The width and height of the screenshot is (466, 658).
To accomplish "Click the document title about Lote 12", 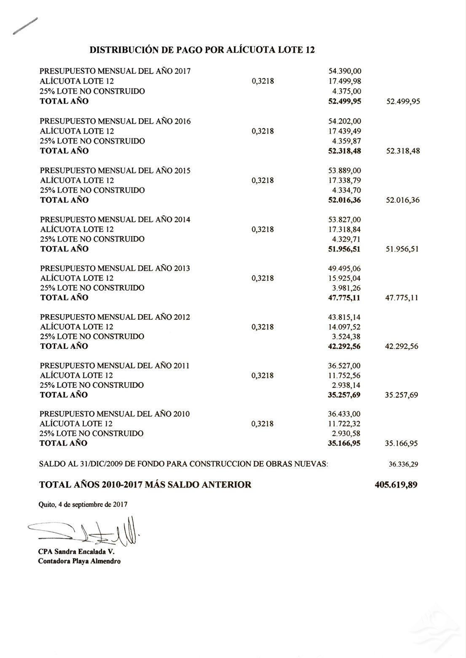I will coord(202,50).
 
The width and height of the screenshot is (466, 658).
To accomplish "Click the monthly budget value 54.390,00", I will coord(344,71).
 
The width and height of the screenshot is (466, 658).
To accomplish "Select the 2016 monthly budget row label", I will coord(115,121).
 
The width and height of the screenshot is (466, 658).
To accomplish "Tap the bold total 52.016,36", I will coord(344,200).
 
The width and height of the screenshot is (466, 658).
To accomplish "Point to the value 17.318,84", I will coord(344,229).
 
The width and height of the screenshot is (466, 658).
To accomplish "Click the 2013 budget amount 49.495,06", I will coord(344,269).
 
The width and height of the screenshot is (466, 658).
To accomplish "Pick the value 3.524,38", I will coord(347,337).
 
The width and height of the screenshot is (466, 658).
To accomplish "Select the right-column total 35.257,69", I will coord(402,395).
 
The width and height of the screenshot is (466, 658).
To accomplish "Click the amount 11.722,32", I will coord(344,424).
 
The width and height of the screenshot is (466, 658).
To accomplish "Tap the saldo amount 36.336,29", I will coord(403,465).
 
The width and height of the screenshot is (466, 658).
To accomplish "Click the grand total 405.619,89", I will coord(396,485).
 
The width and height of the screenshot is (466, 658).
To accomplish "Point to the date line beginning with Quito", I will coord(83,504).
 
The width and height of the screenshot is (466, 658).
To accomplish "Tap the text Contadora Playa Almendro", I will coord(79,561).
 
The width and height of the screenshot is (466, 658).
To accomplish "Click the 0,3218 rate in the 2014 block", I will coord(262,229).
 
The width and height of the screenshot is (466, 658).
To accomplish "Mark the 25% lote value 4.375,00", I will coord(347,91).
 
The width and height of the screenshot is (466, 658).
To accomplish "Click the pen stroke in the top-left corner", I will coord(25,26).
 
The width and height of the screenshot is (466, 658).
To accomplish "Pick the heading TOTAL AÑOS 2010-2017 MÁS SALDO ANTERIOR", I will coord(145,485).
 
